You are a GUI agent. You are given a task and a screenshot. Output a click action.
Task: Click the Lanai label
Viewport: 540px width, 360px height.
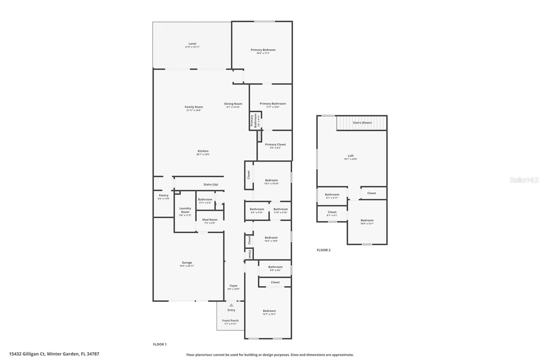192,44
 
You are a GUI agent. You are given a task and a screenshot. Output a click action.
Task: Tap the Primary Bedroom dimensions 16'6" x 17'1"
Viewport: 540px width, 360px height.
263,53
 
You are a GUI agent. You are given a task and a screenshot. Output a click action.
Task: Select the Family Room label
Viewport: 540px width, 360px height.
194,107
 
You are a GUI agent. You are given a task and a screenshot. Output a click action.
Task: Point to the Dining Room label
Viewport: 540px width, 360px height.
233,104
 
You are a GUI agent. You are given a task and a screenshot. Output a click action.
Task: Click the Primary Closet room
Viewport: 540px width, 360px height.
275,146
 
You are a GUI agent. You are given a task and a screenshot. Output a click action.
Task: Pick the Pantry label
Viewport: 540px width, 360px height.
164,196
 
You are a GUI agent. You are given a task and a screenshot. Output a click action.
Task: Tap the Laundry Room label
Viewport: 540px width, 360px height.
185,210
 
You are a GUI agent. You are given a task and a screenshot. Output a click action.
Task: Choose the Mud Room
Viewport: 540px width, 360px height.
210,221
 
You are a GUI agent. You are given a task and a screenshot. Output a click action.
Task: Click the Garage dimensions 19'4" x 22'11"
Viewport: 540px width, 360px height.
187,266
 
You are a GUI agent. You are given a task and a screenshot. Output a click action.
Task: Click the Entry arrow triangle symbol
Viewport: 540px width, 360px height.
231,305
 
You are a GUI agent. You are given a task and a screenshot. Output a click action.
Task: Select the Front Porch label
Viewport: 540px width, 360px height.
230,320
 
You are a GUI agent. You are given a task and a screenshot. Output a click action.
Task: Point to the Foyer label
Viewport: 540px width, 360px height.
234,286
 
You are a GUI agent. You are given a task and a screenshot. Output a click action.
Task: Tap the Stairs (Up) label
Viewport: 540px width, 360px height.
211,184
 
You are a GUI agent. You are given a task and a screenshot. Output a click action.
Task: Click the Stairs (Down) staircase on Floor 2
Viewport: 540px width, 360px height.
362,123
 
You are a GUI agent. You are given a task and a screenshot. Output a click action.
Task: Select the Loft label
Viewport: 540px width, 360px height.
351,156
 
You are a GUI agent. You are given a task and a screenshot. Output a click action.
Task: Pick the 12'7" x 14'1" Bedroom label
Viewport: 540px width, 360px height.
269,311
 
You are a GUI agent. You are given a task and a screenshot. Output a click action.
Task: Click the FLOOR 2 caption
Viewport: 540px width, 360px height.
323,250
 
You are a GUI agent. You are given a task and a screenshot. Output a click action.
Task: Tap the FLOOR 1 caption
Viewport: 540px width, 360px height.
160,344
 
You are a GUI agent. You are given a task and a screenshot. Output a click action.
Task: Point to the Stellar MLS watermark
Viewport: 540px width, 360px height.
524,180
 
